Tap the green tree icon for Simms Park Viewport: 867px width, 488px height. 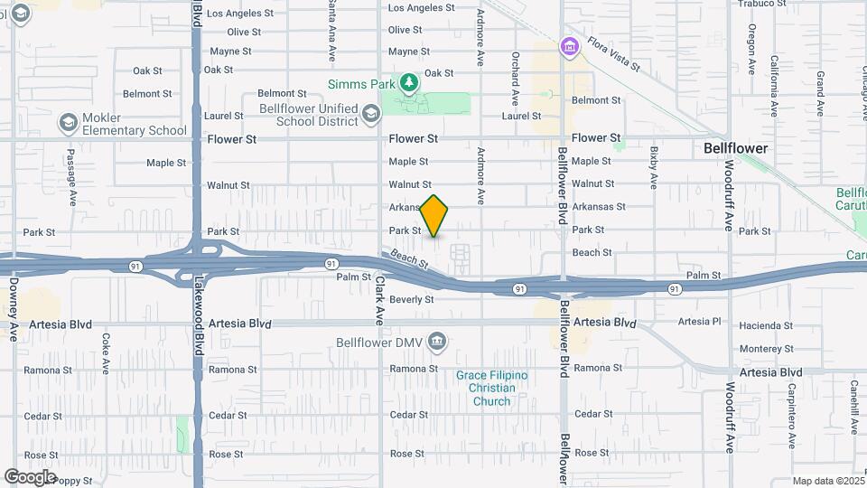click(409, 83)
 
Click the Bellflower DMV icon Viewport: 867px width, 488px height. click(437, 342)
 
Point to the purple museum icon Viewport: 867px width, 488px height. click(568, 46)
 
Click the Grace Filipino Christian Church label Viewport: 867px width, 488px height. click(491, 388)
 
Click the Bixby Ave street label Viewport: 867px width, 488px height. click(652, 167)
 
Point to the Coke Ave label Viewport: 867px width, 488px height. click(106, 354)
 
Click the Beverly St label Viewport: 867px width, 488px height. click(412, 299)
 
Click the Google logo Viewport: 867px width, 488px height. click(30, 476)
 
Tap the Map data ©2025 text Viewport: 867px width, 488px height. click(827, 481)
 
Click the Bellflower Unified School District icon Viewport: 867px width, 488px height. click(372, 115)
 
